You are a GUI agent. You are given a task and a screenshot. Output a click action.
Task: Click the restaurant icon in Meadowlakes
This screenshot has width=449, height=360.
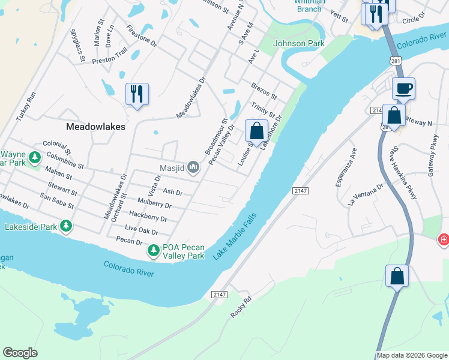[137, 94]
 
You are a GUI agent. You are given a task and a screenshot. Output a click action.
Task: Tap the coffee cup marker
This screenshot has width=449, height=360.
[403, 88]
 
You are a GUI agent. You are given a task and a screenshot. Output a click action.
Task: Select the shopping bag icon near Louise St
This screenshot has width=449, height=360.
[256, 131]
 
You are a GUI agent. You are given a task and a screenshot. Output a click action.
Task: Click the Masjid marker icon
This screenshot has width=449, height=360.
[193, 167]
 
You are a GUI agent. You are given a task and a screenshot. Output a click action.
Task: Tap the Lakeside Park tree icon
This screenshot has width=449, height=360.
[66, 226]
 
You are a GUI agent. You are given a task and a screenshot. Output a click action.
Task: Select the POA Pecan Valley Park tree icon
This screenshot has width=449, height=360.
[154, 249]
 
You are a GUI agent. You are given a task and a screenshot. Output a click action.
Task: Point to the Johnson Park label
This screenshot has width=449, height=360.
[298, 43]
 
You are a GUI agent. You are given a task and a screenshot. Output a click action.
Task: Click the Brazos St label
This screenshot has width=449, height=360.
[264, 92]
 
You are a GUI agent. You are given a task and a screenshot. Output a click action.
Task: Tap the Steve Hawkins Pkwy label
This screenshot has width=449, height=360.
[403, 175]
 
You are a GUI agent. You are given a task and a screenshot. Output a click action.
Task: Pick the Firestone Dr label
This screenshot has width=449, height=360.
[142, 36]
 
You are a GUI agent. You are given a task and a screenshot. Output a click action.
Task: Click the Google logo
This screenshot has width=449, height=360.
[20, 353]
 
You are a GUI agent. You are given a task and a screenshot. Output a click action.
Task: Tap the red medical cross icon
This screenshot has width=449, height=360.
[444, 240]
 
